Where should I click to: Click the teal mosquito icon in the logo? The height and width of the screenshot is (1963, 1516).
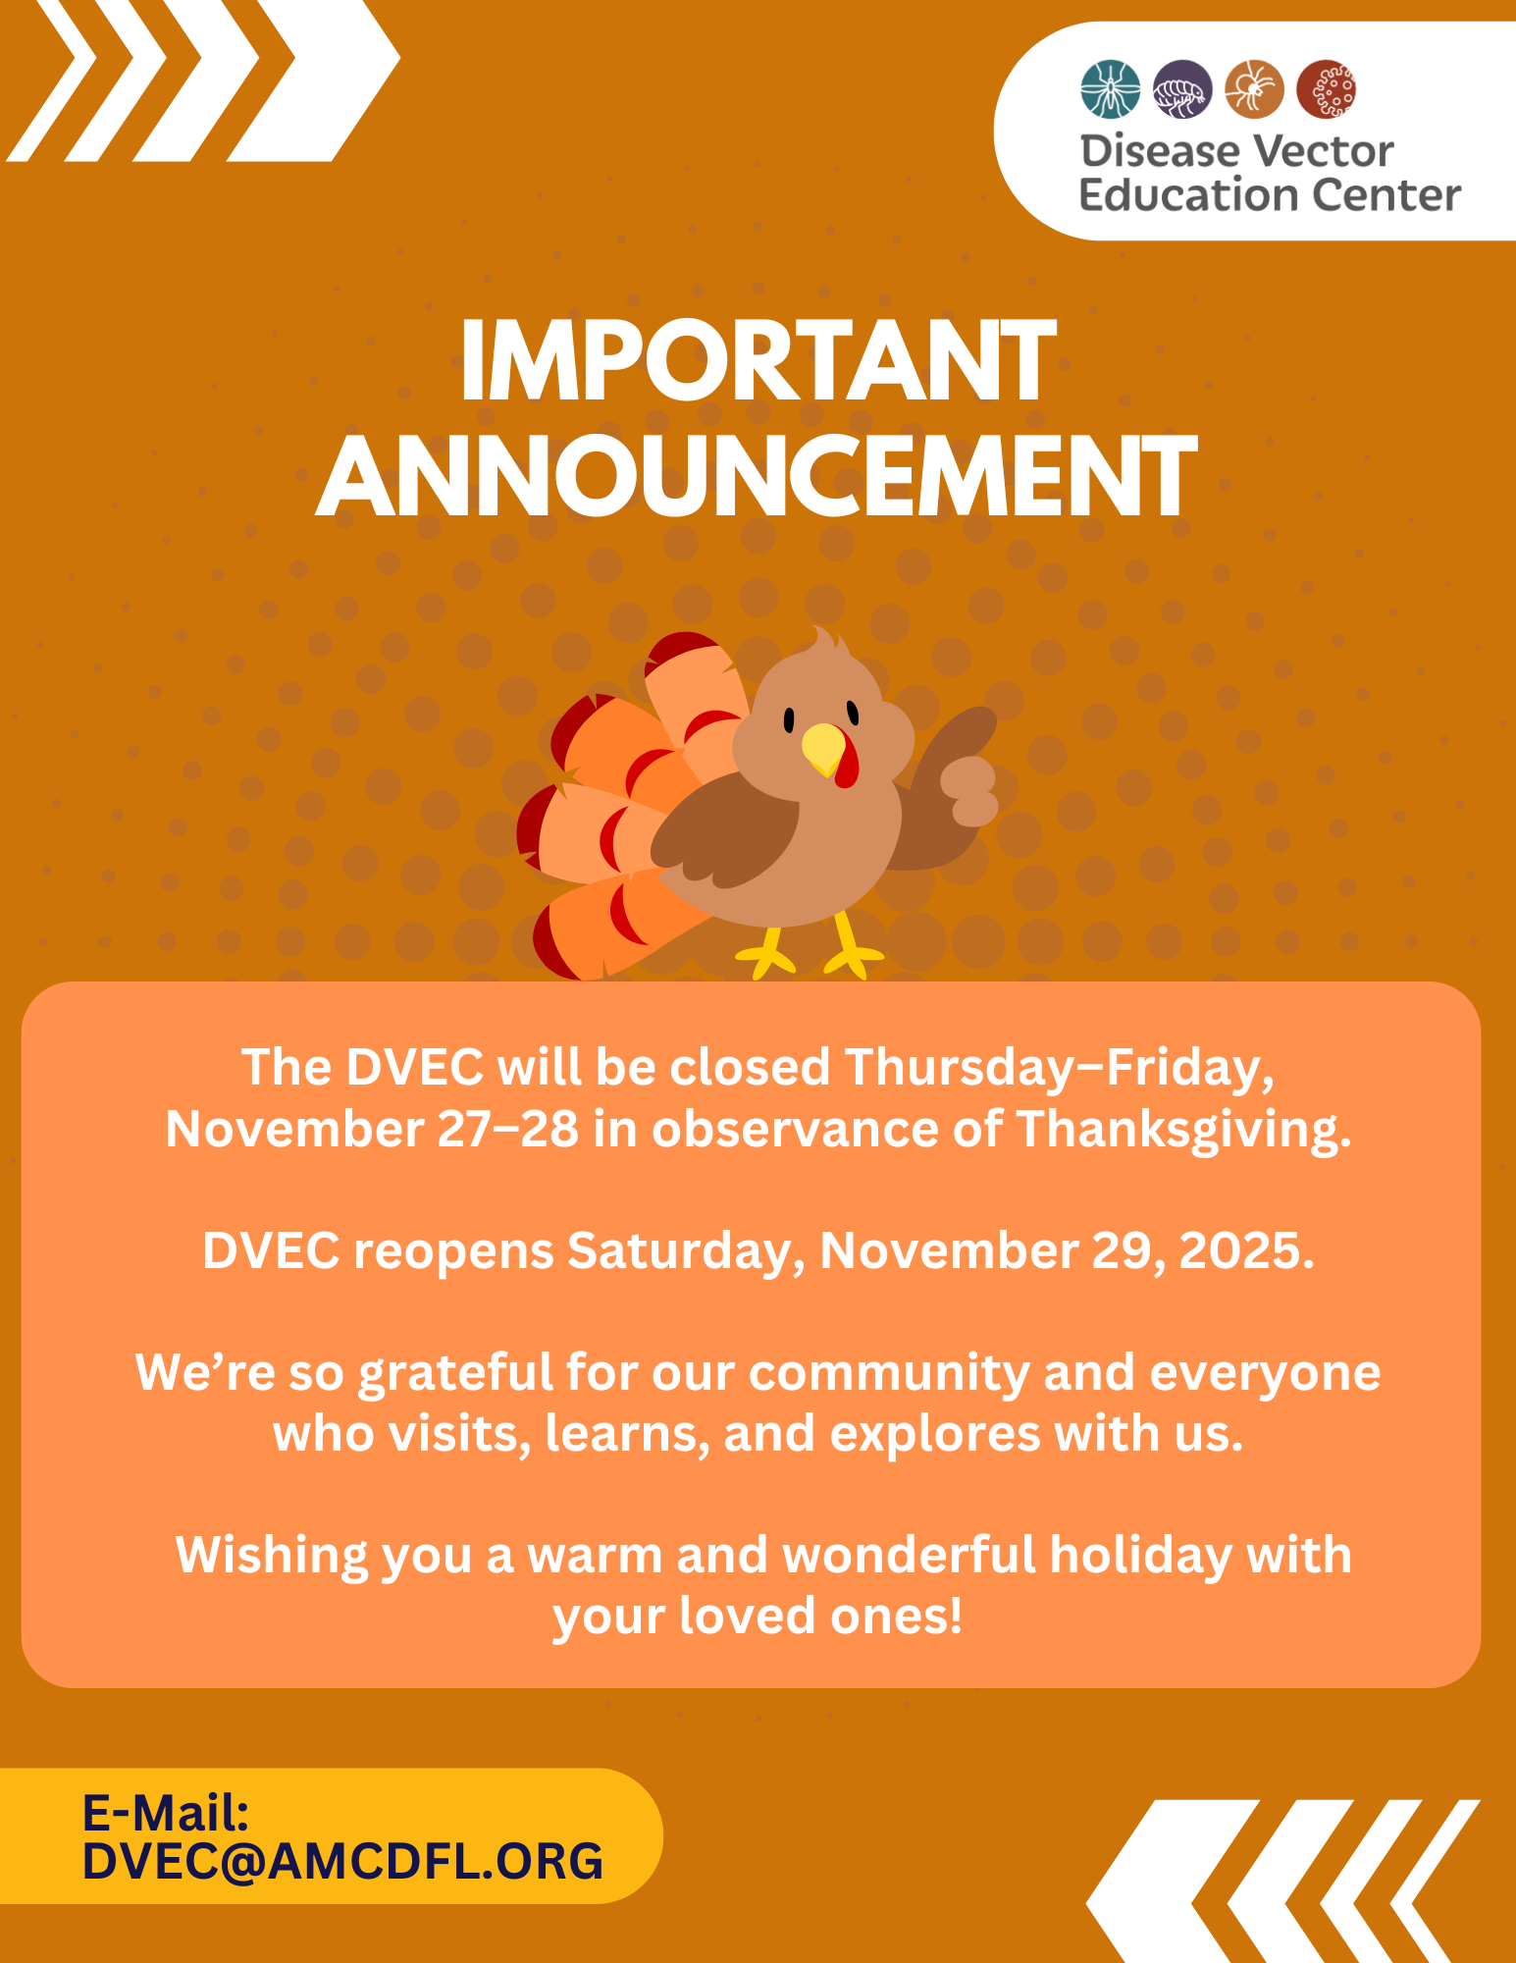(1110, 89)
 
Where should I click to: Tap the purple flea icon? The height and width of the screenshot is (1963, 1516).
(1182, 89)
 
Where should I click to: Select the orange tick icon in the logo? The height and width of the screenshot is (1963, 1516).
(1254, 89)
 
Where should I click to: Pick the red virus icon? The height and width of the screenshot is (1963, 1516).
(1327, 89)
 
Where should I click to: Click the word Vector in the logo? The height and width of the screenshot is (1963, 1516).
(1324, 152)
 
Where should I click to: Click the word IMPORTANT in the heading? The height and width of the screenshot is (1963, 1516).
(758, 361)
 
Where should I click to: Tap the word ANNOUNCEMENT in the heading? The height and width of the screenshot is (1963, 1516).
(757, 477)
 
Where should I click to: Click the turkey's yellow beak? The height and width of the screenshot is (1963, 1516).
(824, 749)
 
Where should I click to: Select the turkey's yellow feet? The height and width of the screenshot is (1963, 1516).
(810, 946)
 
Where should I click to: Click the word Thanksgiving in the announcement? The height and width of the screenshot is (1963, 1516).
(1183, 1130)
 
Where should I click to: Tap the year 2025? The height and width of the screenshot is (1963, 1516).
(1246, 1251)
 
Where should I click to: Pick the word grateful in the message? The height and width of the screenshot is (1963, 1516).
(455, 1373)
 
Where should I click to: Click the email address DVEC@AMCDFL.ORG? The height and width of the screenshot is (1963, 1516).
(342, 1861)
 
